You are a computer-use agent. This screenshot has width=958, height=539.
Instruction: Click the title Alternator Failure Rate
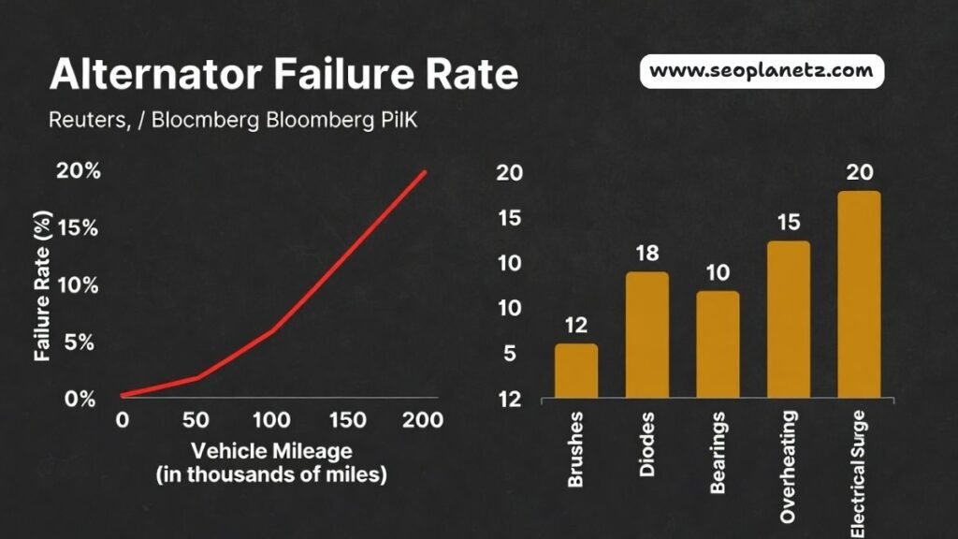[284, 75]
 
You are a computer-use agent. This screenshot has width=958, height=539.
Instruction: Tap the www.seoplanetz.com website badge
[762, 71]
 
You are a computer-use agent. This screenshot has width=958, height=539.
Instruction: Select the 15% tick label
[80, 228]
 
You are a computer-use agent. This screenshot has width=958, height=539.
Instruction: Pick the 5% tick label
[80, 342]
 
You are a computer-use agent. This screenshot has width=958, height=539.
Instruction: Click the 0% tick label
[80, 399]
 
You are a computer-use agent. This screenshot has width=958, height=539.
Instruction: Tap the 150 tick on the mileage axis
[348, 420]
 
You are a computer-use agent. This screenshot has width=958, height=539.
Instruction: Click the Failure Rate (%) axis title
[42, 284]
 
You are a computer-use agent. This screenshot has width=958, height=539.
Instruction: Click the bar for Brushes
[576, 371]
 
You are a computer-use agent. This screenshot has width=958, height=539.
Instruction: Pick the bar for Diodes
[647, 334]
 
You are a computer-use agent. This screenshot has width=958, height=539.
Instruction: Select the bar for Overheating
[789, 318]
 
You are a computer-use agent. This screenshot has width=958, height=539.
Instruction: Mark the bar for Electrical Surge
[860, 294]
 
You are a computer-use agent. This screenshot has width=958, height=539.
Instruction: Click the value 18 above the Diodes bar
[647, 254]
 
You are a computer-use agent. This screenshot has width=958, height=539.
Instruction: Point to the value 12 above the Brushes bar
[576, 326]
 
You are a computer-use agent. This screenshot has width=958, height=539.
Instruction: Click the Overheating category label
[789, 466]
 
